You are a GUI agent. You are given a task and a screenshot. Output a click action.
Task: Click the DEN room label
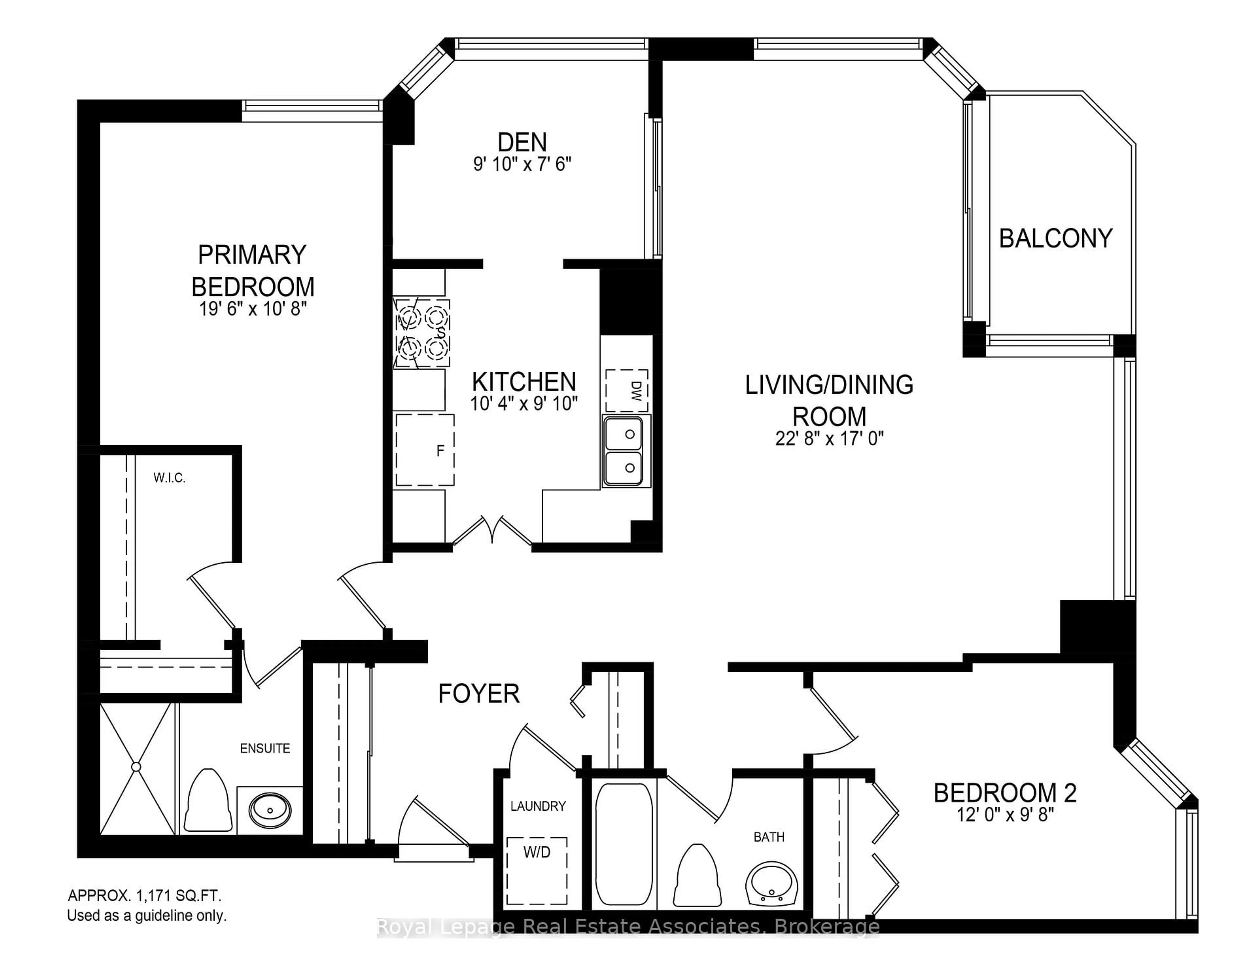click(522, 142)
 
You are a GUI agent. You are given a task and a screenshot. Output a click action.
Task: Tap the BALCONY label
click(1055, 238)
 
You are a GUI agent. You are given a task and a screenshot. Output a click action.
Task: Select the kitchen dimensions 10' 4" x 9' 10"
click(523, 404)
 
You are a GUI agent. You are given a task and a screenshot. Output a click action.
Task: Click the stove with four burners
click(422, 332)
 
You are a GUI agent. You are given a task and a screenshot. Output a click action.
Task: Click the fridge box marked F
click(425, 450)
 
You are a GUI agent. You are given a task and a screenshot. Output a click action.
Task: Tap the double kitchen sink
click(626, 451)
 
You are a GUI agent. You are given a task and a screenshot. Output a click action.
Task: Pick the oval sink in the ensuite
click(270, 810)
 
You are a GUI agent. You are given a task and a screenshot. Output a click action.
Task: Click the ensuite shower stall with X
click(136, 768)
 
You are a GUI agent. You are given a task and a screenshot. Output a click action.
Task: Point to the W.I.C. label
click(169, 477)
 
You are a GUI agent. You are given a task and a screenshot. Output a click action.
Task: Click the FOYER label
click(479, 694)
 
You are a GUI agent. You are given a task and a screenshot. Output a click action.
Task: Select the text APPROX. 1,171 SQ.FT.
click(144, 896)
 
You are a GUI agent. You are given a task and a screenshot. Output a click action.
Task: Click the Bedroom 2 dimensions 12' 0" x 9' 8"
click(1005, 815)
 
